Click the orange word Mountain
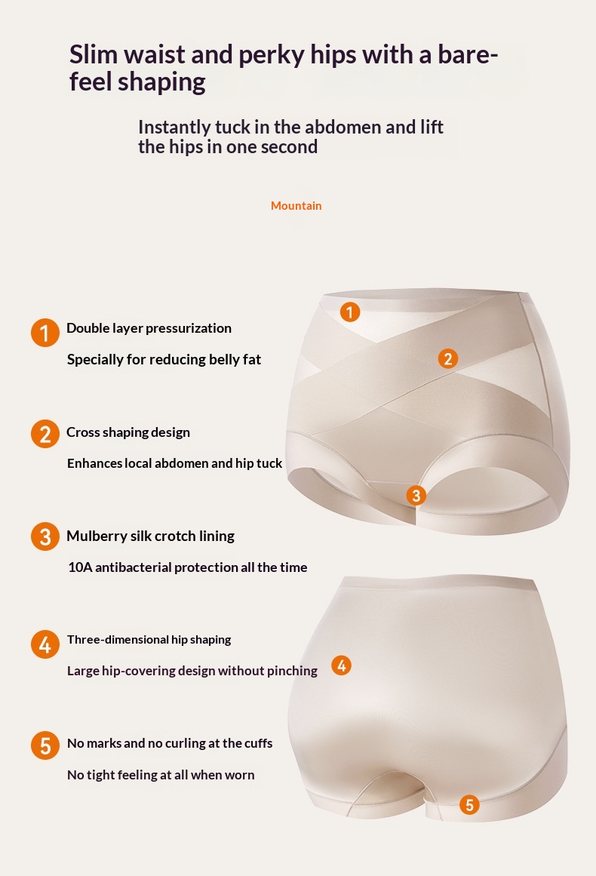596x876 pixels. click(x=296, y=205)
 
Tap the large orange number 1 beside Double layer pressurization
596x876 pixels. click(x=45, y=333)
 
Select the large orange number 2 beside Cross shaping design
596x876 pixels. click(x=45, y=434)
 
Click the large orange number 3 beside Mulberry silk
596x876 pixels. click(x=45, y=536)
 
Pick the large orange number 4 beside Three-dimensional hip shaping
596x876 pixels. click(x=45, y=644)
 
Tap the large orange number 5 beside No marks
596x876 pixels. click(x=45, y=745)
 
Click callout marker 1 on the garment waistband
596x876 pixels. click(x=349, y=312)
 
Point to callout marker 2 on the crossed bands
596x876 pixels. click(x=447, y=358)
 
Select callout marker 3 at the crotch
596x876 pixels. click(x=416, y=495)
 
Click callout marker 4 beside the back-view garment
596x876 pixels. click(x=341, y=665)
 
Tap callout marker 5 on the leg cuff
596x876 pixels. click(x=469, y=804)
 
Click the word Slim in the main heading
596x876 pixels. click(x=94, y=54)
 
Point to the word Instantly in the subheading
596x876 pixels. click(x=174, y=128)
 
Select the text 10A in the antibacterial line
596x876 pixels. click(x=80, y=567)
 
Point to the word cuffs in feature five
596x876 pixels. click(x=257, y=744)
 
